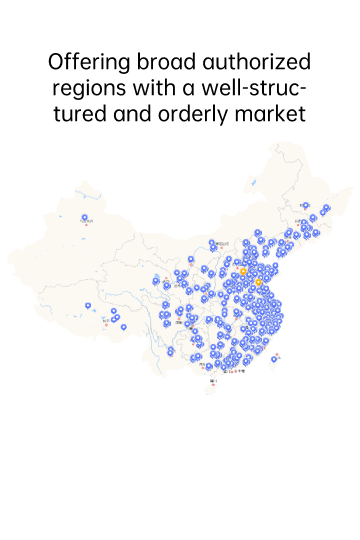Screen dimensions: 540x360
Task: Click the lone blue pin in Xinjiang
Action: click(85, 217)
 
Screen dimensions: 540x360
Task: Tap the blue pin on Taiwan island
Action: click(275, 358)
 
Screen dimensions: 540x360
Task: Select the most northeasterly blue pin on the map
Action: click(326, 208)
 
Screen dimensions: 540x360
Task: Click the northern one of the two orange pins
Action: click(243, 270)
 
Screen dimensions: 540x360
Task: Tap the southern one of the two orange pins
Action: click(259, 283)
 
